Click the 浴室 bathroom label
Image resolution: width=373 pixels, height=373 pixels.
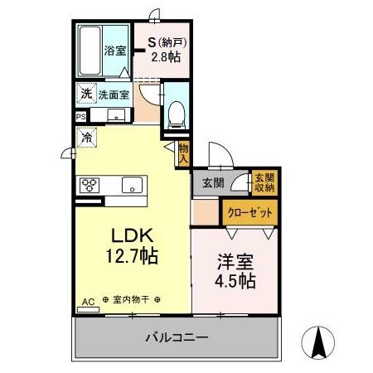(x=114, y=51)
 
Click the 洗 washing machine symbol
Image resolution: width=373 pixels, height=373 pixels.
(x=86, y=94)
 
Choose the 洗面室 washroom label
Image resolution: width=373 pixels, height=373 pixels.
(x=114, y=94)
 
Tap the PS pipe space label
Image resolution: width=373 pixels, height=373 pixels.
(x=81, y=118)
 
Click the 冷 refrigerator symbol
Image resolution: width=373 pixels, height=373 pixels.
(x=86, y=138)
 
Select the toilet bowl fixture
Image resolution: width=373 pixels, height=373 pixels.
(x=176, y=114)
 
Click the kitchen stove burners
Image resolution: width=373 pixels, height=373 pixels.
(x=90, y=184)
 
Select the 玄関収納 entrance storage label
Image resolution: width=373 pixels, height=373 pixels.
(x=264, y=182)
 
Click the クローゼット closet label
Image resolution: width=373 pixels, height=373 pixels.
(x=250, y=212)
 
